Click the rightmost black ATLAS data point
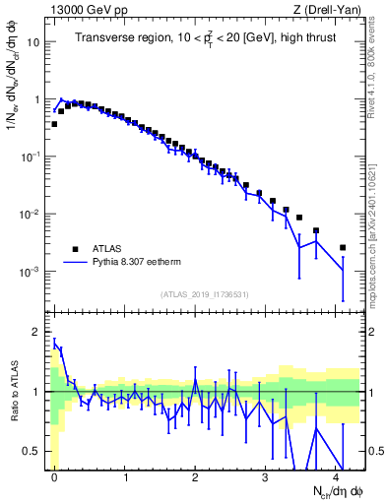point(343,247)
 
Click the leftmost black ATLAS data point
point(54,124)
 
